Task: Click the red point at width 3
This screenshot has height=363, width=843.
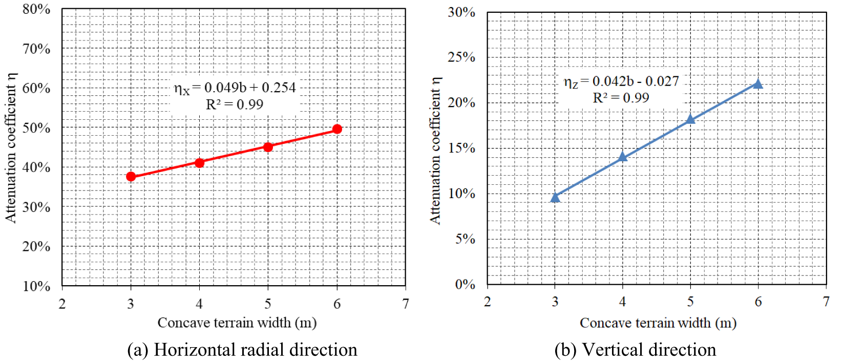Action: tap(131, 177)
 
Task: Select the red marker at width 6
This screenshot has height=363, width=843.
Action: tap(337, 129)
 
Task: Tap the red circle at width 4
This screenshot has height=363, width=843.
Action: tap(199, 163)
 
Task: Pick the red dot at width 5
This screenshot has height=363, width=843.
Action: tap(268, 147)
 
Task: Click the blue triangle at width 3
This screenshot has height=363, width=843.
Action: tap(555, 198)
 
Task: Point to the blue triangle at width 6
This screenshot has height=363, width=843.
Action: tap(758, 84)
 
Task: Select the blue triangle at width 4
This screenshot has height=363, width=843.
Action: tap(623, 157)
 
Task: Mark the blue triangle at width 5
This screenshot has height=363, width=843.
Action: tap(690, 119)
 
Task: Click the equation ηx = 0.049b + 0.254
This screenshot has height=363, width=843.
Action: tap(235, 88)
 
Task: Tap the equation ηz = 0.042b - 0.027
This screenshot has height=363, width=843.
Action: tap(621, 81)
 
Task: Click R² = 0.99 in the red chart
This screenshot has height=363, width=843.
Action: tap(235, 105)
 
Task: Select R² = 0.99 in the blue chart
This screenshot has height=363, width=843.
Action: tap(621, 98)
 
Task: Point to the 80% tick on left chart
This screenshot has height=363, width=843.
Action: tap(36, 9)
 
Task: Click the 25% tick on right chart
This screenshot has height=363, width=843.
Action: tap(461, 57)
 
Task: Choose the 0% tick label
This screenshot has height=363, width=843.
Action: tap(465, 285)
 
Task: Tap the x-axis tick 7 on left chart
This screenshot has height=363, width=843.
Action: tap(405, 304)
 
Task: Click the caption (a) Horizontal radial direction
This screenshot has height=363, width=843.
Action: tap(242, 350)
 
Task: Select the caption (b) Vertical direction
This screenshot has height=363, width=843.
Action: tap(635, 350)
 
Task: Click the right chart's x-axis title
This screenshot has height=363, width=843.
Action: tap(658, 323)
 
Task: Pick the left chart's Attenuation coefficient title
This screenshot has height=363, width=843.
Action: tap(11, 147)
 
